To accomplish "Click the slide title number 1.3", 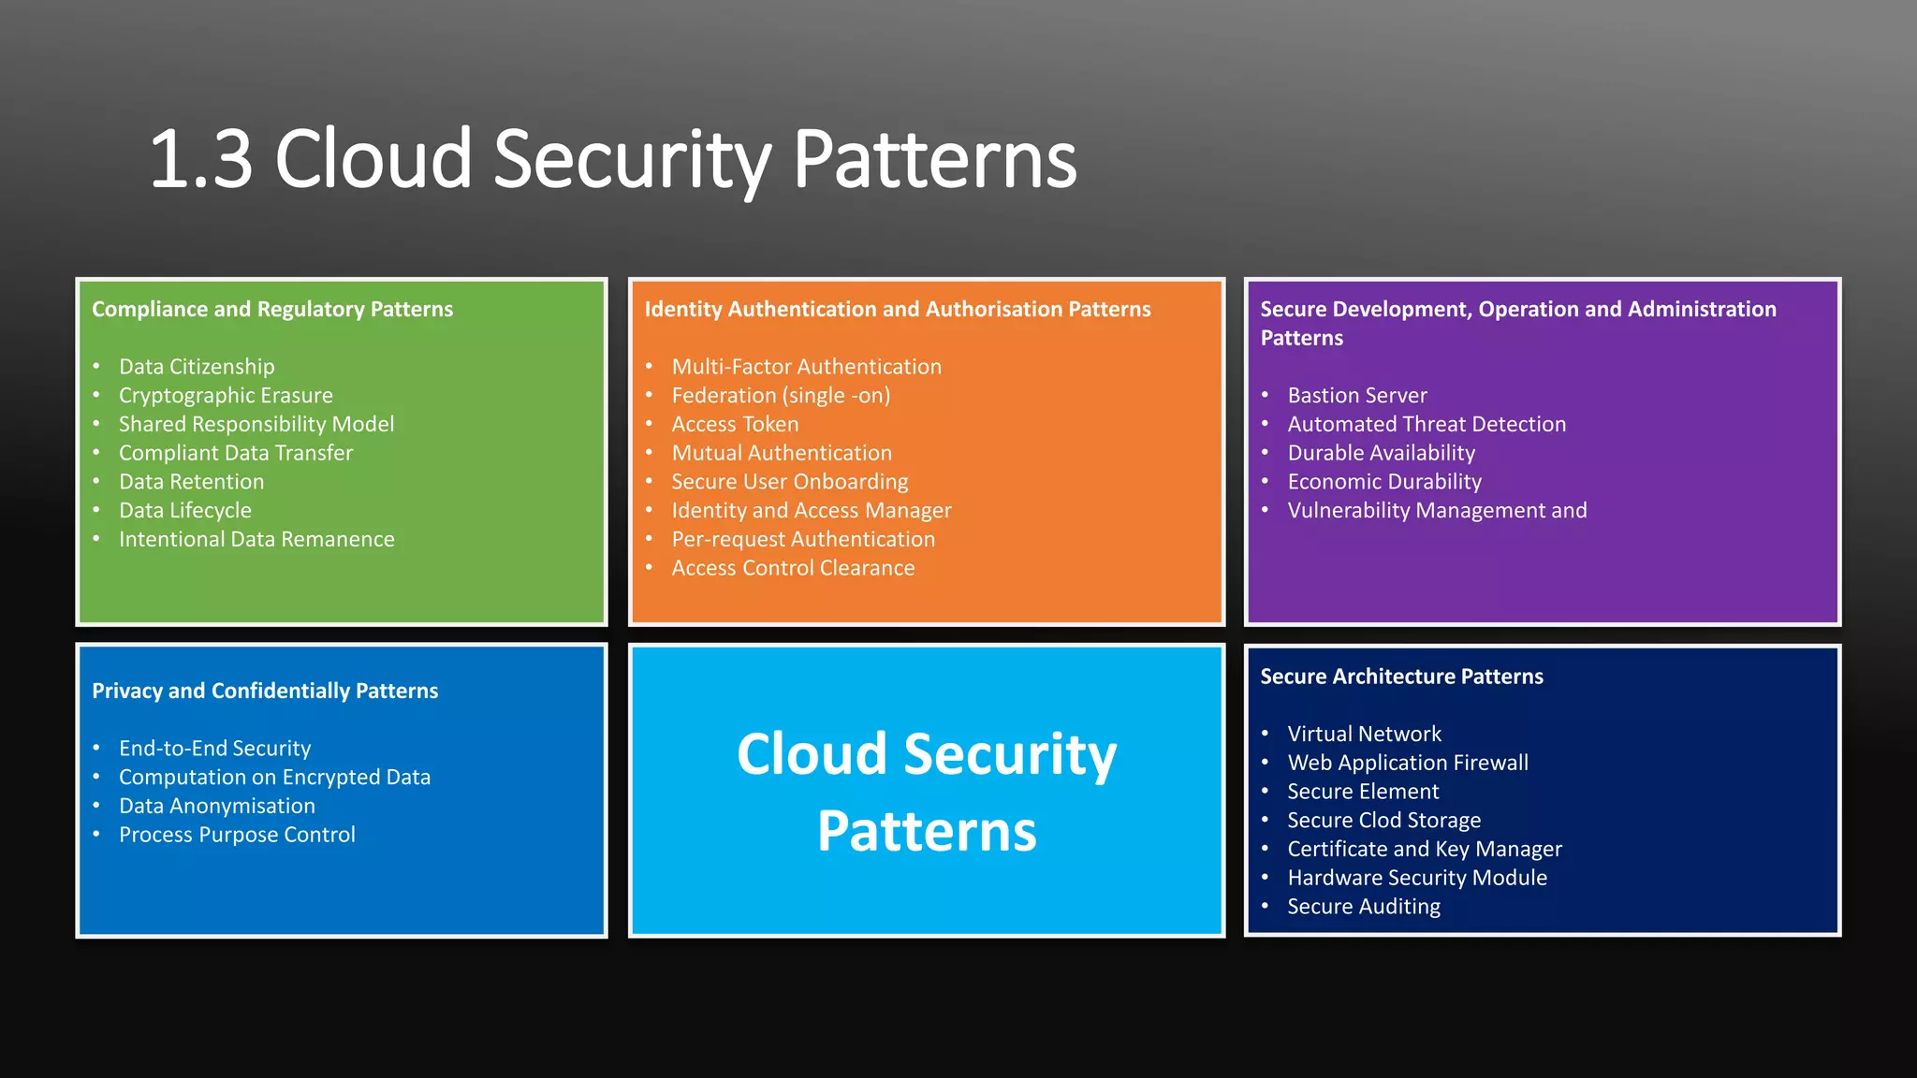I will coord(201,160).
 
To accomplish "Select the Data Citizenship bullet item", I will coord(197,367).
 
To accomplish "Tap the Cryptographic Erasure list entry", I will coord(226,396).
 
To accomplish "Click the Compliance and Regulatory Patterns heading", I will coord(272,310).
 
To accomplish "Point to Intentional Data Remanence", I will coord(256,540).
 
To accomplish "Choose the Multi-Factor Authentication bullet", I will coord(806,367).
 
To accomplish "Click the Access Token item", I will coord(735,425).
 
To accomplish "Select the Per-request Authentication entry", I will coord(803,540).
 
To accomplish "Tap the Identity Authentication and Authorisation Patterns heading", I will coord(897,310).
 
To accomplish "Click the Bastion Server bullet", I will coord(1356,396).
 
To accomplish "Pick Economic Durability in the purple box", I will coord(1383,482).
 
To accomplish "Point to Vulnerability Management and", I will coord(1437,511).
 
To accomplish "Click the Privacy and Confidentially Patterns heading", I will coord(265,692).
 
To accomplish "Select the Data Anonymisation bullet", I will coord(216,807).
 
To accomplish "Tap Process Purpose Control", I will coord(237,836).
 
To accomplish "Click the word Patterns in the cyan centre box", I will coord(927,831).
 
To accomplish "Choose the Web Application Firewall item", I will coord(1407,764).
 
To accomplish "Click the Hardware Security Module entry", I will coord(1416,879).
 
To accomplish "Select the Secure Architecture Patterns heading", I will coord(1401,677).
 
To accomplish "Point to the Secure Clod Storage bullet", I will coord(1383,821).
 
